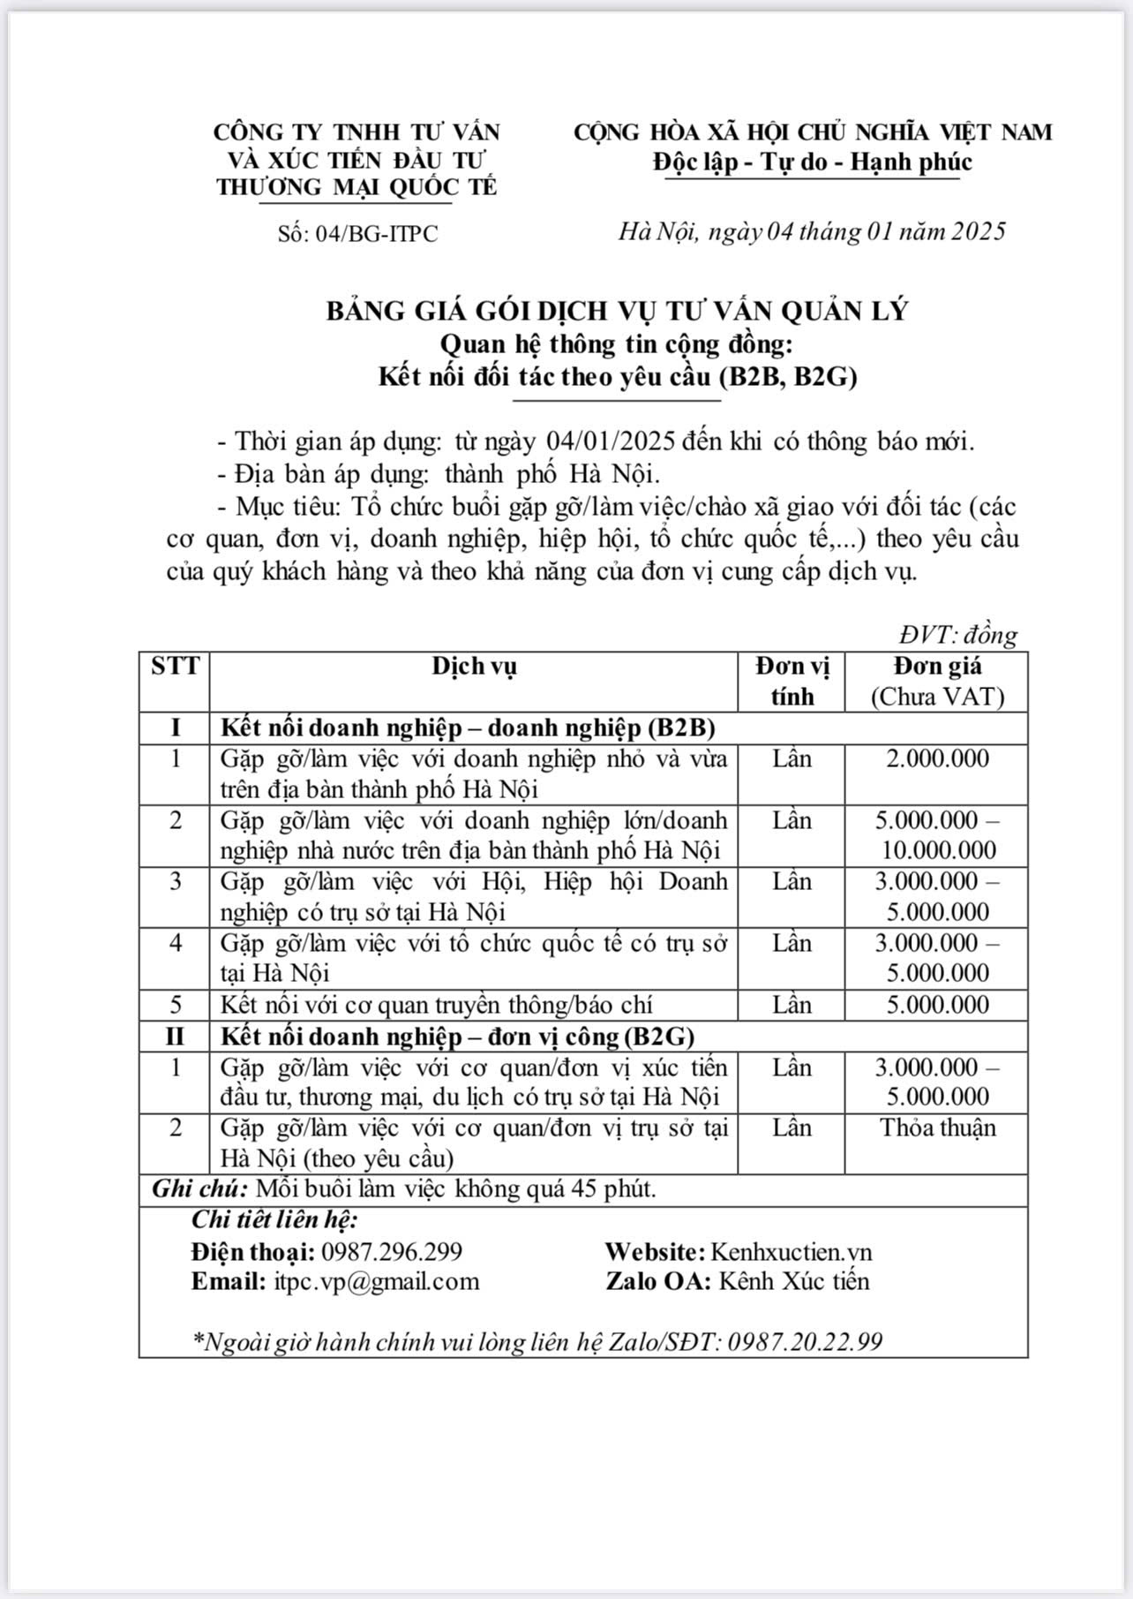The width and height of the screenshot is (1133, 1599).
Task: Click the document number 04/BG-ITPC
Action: (x=356, y=234)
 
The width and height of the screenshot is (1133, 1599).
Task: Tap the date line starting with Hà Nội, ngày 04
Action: (x=811, y=231)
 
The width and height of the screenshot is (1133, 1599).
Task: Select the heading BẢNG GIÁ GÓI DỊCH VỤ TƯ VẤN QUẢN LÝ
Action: (x=617, y=311)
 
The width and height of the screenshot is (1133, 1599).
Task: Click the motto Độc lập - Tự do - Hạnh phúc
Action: (x=812, y=162)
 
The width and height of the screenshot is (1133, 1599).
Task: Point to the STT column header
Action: (x=175, y=666)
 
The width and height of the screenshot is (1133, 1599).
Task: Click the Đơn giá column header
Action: (x=937, y=667)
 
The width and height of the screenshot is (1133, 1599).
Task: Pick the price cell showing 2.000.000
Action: (x=937, y=758)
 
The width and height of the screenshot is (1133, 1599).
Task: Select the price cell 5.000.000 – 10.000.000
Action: (x=937, y=835)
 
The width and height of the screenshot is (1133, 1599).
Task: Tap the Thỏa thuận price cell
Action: (x=937, y=1128)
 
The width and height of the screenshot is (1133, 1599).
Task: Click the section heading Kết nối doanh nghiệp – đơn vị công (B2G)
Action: (x=457, y=1036)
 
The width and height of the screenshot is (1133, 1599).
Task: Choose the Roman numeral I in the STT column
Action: (x=175, y=728)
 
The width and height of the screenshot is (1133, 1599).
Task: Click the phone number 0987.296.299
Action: (x=392, y=1251)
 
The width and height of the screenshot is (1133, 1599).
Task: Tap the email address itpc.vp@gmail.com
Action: (x=376, y=1281)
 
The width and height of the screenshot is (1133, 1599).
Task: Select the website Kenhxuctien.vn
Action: (x=791, y=1251)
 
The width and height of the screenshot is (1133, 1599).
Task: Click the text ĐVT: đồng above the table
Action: (x=957, y=635)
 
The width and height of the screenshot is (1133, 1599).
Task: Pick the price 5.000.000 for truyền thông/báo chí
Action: (x=937, y=1005)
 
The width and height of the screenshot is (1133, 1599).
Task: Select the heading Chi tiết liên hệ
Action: (x=274, y=1220)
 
